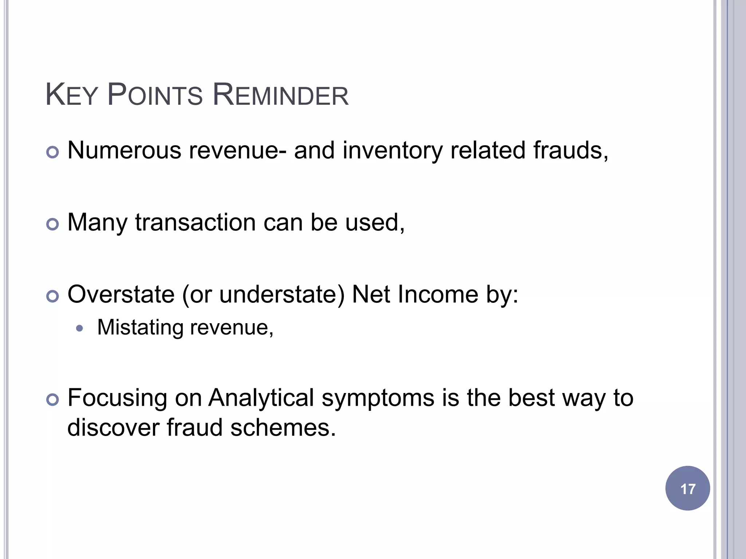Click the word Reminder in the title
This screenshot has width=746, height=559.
[x=280, y=95]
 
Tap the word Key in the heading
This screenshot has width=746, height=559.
[x=71, y=95]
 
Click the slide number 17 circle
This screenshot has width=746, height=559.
[x=687, y=488]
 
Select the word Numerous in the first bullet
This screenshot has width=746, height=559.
[x=124, y=150]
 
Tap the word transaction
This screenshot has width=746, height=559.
[x=195, y=222]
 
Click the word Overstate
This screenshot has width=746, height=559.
[x=121, y=294]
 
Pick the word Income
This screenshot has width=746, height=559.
[x=438, y=294]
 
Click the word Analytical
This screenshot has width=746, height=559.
[x=261, y=398]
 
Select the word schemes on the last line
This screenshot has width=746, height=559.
[x=283, y=427]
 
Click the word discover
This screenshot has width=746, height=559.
[x=113, y=427]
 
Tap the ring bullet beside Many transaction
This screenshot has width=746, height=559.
[x=53, y=224]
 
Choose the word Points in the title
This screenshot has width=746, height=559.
[x=155, y=95]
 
